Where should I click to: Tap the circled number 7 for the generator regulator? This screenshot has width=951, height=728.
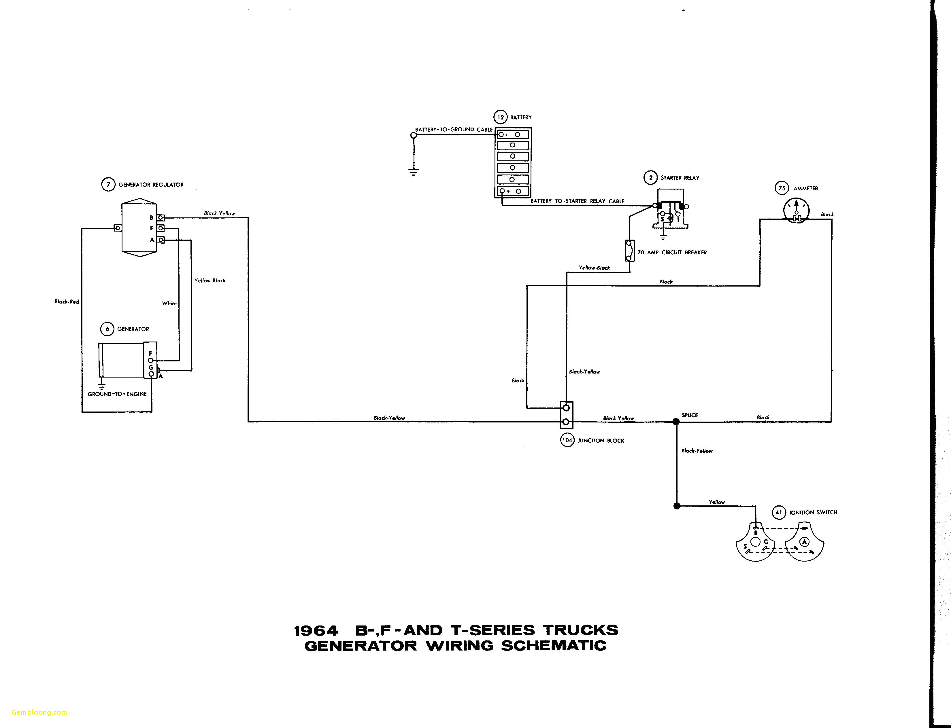click(x=108, y=185)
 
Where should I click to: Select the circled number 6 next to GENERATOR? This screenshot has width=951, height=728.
click(x=107, y=329)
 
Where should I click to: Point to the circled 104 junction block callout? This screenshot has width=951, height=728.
click(x=567, y=440)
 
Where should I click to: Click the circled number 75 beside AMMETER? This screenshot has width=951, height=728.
click(x=782, y=188)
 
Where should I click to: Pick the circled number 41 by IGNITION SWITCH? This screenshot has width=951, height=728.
click(x=779, y=512)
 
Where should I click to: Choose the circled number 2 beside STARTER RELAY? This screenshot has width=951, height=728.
click(x=650, y=178)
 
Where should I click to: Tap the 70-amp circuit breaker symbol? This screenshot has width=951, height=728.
click(x=629, y=251)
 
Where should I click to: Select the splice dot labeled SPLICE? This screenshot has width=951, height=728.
click(x=675, y=421)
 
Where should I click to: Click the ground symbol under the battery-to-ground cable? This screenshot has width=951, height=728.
click(x=414, y=172)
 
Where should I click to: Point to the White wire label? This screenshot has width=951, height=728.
click(x=169, y=303)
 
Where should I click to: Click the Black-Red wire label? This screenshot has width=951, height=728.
click(x=67, y=302)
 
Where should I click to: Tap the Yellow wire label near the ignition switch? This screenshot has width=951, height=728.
click(x=717, y=502)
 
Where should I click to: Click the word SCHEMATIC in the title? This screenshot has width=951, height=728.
click(x=554, y=646)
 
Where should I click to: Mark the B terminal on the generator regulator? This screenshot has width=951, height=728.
click(x=161, y=217)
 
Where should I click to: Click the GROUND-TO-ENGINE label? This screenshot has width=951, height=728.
click(x=117, y=394)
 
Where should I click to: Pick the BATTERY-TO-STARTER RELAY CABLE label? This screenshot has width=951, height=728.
click(x=577, y=201)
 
